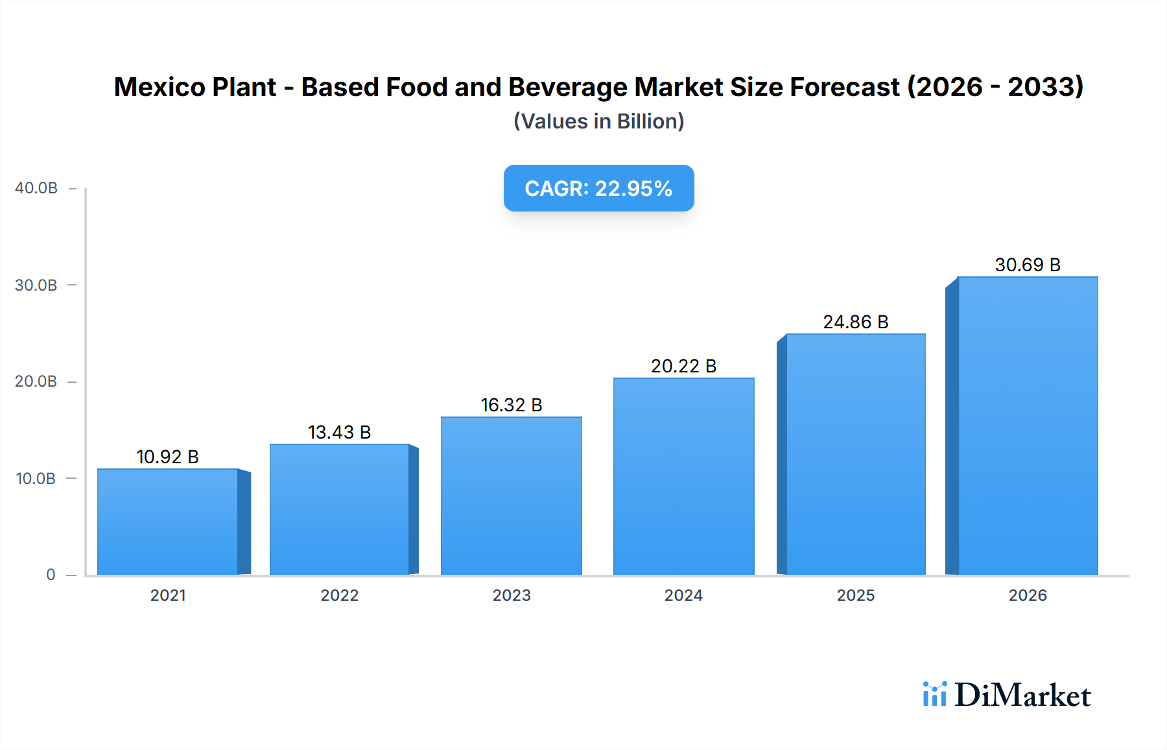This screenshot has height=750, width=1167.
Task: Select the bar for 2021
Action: pyautogui.click(x=168, y=522)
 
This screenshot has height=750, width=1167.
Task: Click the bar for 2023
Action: pyautogui.click(x=512, y=496)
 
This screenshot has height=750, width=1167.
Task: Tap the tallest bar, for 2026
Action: pyautogui.click(x=1028, y=426)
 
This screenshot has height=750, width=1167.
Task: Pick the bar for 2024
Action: pyautogui.click(x=683, y=476)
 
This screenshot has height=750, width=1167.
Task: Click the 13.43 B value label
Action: pyautogui.click(x=339, y=432)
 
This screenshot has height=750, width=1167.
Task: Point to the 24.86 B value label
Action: pyautogui.click(x=855, y=322)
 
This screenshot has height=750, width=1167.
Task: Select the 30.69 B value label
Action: pyautogui.click(x=1028, y=265)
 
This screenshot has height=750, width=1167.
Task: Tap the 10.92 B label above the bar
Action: pyautogui.click(x=167, y=457)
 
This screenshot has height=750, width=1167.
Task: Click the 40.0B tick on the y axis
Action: pyautogui.click(x=36, y=188)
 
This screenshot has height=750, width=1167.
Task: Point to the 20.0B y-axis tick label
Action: pyautogui.click(x=36, y=381)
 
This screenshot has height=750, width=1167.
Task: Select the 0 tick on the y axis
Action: pyautogui.click(x=51, y=575)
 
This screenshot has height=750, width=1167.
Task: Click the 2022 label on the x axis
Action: pyautogui.click(x=339, y=595)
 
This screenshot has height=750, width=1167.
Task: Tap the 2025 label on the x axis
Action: pyautogui.click(x=855, y=595)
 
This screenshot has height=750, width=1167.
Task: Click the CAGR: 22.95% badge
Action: pyautogui.click(x=598, y=188)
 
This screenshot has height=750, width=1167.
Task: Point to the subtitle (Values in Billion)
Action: pyautogui.click(x=598, y=121)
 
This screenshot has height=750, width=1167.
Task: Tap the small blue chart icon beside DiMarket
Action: pyautogui.click(x=934, y=694)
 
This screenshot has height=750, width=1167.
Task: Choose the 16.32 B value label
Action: pyautogui.click(x=512, y=405)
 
